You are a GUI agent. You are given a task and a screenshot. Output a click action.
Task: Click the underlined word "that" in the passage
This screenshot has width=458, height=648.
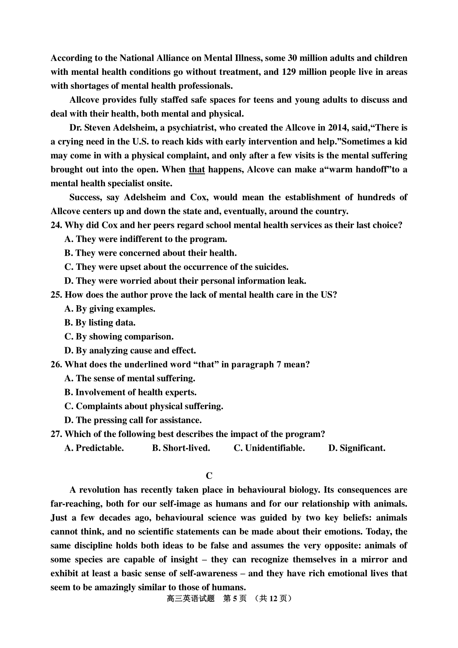[197, 169]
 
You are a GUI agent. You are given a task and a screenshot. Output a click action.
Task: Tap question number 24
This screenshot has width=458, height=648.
[56, 225]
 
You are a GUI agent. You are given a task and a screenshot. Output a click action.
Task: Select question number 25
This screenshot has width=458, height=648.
[56, 295]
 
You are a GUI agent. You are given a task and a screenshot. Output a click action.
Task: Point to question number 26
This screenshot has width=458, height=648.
[56, 364]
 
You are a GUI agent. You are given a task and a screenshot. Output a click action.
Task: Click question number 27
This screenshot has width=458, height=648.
[56, 434]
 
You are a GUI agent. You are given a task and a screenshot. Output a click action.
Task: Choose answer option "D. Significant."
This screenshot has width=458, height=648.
[357, 448]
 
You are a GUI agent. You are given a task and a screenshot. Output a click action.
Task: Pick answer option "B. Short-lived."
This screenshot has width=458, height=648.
[181, 448]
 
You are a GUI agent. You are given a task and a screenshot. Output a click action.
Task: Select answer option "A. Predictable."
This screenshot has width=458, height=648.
[94, 448]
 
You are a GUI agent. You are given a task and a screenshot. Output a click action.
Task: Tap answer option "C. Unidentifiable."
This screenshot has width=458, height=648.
[269, 448]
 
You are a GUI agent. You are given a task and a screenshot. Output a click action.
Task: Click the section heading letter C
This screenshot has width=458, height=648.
[209, 476]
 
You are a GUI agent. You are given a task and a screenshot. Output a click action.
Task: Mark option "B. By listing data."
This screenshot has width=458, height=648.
[100, 323]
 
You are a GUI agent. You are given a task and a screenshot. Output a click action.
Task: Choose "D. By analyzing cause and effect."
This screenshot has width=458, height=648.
[130, 351]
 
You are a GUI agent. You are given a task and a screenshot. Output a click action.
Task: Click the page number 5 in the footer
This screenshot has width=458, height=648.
[235, 598]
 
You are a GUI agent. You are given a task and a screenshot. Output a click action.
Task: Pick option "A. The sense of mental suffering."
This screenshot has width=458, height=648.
[130, 379]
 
